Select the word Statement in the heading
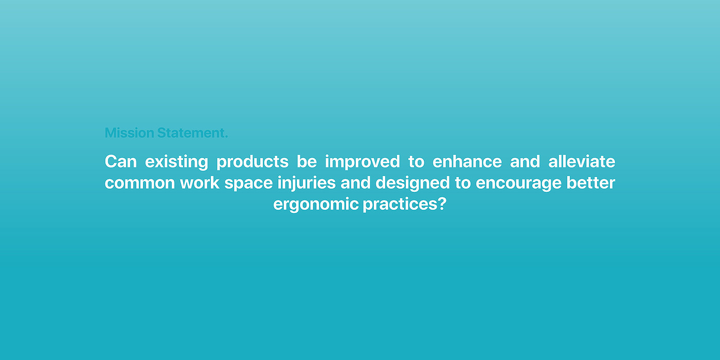[x=191, y=133]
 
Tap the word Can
[x=121, y=161]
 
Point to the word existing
[x=176, y=162]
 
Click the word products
[x=253, y=162]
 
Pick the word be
[x=307, y=161]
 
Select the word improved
[x=362, y=162]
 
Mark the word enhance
[x=467, y=161]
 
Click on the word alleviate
[x=582, y=161]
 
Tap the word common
[x=140, y=183]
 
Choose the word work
[x=200, y=183]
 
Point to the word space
[x=248, y=184]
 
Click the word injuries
[x=307, y=183]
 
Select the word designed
[x=412, y=183]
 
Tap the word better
[x=591, y=183]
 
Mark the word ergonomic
[x=316, y=205]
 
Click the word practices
[x=400, y=205]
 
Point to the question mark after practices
[x=442, y=204]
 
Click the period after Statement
[x=226, y=137]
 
